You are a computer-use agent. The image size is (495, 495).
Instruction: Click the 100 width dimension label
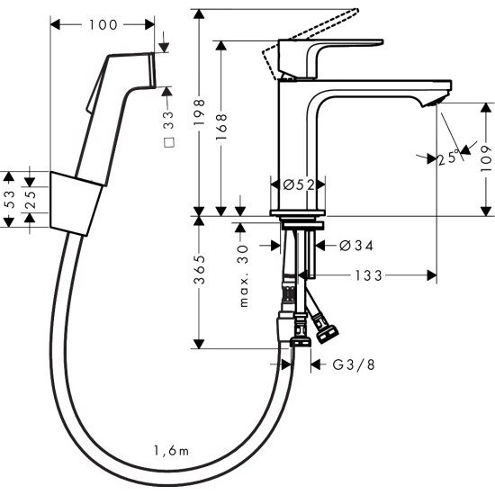point(107,24)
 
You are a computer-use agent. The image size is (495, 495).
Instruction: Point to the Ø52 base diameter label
point(297,184)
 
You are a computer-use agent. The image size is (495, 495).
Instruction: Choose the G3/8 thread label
point(353,364)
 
